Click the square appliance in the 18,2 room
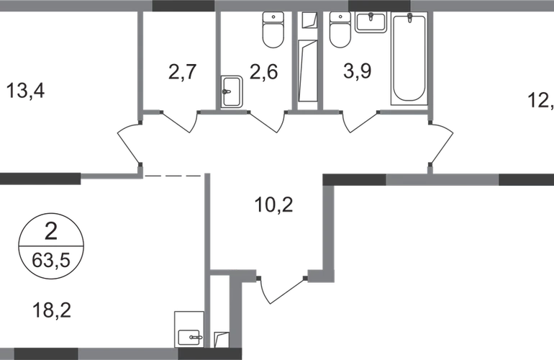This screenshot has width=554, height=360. click(189, 328)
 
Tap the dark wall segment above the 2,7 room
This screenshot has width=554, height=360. click(183, 6)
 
